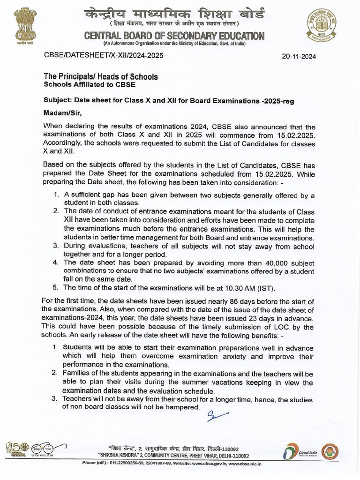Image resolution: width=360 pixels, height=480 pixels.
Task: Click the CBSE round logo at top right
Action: coord(322,25)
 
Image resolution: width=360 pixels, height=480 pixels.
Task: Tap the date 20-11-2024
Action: coord(299,56)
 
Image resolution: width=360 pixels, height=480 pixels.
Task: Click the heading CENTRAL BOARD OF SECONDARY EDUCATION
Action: coord(174,36)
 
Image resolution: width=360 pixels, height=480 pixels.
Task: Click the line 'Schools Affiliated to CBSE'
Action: coord(89,85)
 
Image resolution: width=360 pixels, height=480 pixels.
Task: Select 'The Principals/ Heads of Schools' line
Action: coord(100,76)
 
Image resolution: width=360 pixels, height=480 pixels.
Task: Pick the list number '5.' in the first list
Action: coord(56,287)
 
